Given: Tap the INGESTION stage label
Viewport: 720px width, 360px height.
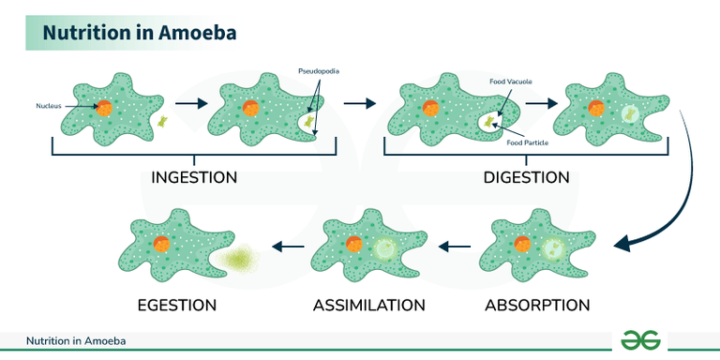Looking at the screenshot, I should pos(194,177).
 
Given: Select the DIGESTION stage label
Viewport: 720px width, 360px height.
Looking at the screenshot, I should pos(526,177).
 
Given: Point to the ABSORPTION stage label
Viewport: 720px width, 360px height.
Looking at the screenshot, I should pos(537,306).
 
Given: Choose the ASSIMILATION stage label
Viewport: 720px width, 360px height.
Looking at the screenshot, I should pos(368,306).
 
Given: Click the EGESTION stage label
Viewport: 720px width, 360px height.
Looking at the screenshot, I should pos(177,306).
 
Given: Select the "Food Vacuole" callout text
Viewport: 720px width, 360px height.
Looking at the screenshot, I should pos(511,82).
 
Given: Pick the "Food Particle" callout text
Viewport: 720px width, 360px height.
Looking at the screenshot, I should pos(528,143).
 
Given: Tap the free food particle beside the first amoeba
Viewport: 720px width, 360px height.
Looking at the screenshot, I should pos(165,121).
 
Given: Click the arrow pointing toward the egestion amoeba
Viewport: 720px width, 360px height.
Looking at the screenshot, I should pos(289,247).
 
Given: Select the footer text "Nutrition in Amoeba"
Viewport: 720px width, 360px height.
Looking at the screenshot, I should pos(75,341).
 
